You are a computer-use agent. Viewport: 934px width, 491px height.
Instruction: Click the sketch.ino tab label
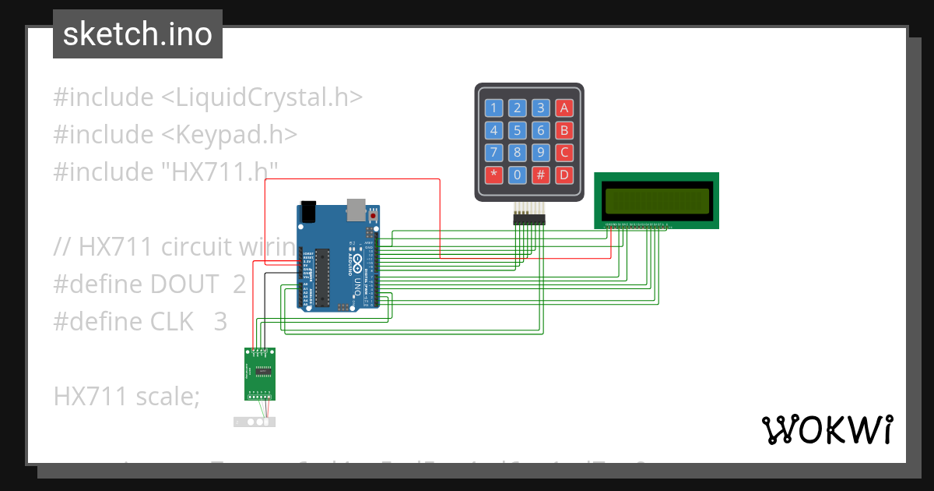tap(137, 34)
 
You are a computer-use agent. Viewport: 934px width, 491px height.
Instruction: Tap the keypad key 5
tap(518, 130)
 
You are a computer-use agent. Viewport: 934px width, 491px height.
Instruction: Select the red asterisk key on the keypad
tap(493, 175)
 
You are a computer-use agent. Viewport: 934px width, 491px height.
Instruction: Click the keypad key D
tap(564, 175)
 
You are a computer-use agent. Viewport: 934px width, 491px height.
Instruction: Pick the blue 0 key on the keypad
tap(518, 175)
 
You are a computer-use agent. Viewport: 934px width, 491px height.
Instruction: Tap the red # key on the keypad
tap(541, 175)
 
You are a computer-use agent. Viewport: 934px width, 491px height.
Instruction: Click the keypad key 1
tap(493, 108)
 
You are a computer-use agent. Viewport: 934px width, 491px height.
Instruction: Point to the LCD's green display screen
tap(657, 200)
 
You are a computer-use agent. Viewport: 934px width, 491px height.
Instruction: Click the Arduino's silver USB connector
tap(355, 208)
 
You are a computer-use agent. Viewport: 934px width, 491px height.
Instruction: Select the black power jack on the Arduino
tap(308, 211)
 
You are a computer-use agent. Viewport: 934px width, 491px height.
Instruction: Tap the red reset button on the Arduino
tap(373, 216)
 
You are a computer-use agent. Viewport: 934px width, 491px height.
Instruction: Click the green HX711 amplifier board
tap(261, 373)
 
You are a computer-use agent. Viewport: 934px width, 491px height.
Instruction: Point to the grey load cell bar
tap(255, 422)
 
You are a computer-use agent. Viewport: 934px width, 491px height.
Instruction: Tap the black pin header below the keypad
tap(529, 220)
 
